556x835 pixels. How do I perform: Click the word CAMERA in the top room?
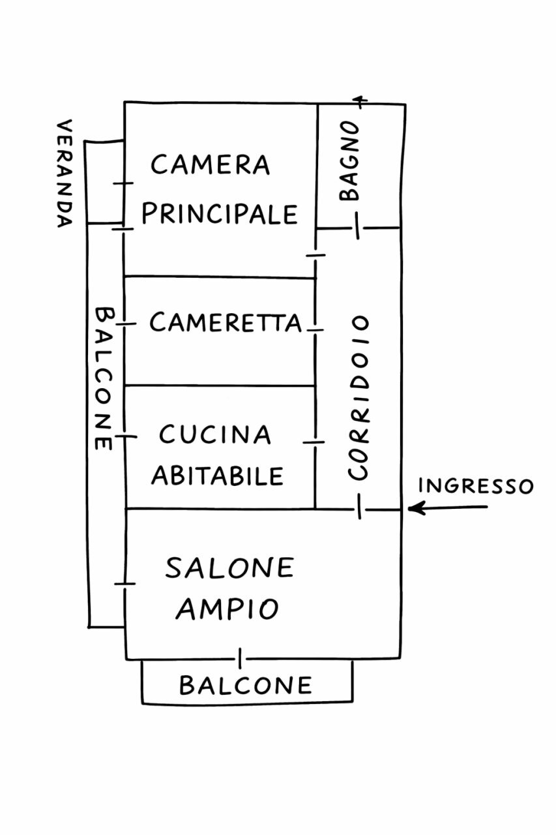tap(210, 164)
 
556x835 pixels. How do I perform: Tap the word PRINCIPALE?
tap(220, 213)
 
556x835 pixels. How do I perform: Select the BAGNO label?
tap(349, 160)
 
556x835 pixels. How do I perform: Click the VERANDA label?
tap(63, 173)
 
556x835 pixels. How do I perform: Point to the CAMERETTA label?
tap(226, 322)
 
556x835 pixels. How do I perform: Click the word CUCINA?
tap(215, 434)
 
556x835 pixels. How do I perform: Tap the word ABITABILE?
tap(218, 476)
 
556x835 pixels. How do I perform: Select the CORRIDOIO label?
tap(359, 398)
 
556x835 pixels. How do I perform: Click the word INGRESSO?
tap(475, 486)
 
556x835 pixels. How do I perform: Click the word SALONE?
tap(229, 568)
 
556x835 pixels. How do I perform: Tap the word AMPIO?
tap(227, 609)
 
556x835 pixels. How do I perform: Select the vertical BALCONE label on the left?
tap(103, 378)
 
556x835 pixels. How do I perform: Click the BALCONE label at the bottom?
tap(246, 685)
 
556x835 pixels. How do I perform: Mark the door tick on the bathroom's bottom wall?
tap(357, 228)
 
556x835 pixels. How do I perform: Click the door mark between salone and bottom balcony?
tap(240, 658)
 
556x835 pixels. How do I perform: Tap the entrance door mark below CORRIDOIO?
tap(359, 507)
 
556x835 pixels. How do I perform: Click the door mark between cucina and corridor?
tap(315, 442)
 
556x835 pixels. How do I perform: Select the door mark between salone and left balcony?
tap(124, 583)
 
